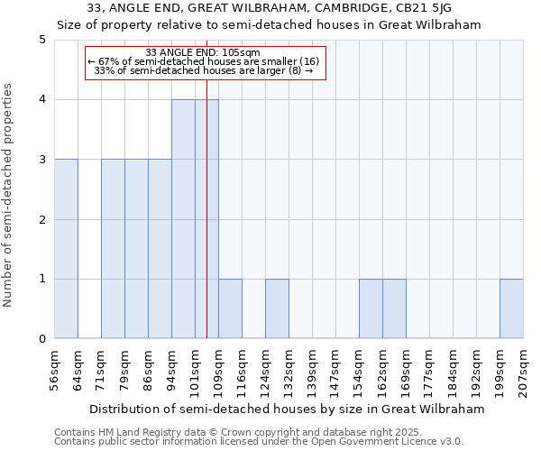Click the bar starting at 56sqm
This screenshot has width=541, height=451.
[66, 249]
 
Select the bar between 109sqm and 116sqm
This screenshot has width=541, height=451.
[230, 308]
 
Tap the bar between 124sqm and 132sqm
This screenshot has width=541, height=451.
[277, 308]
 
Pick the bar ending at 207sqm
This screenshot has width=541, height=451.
[511, 308]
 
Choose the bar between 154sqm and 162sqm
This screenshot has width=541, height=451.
[371, 308]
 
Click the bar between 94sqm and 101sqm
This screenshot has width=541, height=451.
[183, 219]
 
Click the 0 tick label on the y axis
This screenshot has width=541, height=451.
[42, 339]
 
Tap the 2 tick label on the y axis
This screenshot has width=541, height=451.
[42, 219]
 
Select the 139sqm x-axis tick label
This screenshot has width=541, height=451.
[312, 370]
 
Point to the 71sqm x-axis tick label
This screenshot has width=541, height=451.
[101, 370]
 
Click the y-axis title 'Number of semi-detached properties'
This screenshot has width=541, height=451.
[9, 195]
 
